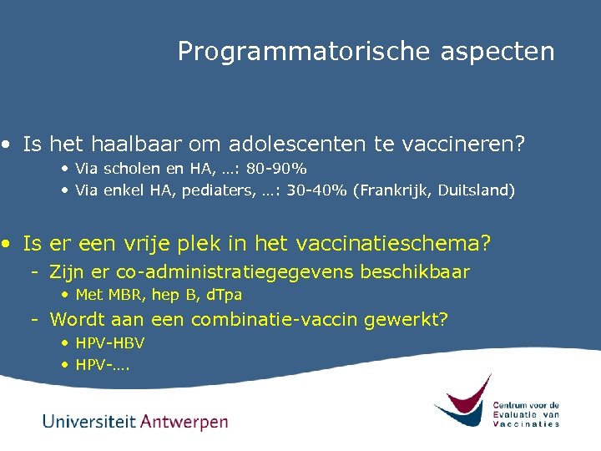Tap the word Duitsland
pyautogui.click(x=475, y=190)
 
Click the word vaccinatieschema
pyautogui.click(x=400, y=244)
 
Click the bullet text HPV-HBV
pyautogui.click(x=109, y=342)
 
